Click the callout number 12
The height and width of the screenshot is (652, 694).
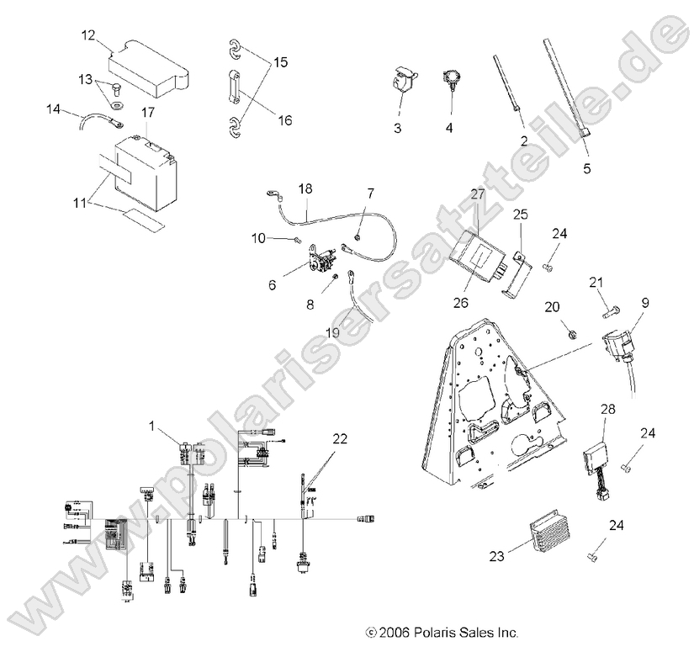[x=88, y=36]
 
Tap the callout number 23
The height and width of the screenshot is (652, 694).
[x=497, y=555]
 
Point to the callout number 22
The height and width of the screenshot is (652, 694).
[x=339, y=438]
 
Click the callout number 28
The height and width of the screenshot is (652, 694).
[x=607, y=409]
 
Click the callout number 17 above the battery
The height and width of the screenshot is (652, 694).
[x=147, y=111]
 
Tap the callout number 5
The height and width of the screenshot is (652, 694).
[x=586, y=168]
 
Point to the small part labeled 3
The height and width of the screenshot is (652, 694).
[x=401, y=82]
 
